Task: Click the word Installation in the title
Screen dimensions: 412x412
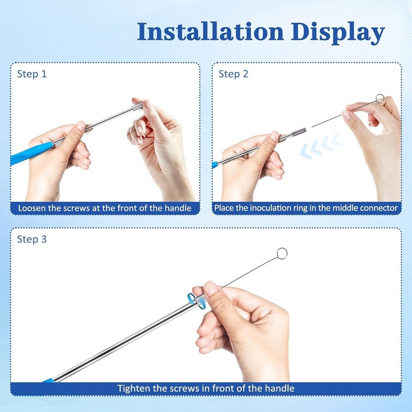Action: (211, 32)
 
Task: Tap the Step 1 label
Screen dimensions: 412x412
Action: (31, 74)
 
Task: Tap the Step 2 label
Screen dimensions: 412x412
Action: (233, 74)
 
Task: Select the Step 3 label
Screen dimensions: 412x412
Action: (31, 239)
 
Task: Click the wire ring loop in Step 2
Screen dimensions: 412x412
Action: (380, 99)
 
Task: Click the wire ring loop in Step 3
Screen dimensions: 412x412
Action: (282, 253)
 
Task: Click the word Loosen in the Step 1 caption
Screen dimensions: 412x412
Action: (31, 208)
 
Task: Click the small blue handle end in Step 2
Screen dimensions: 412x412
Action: (215, 164)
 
